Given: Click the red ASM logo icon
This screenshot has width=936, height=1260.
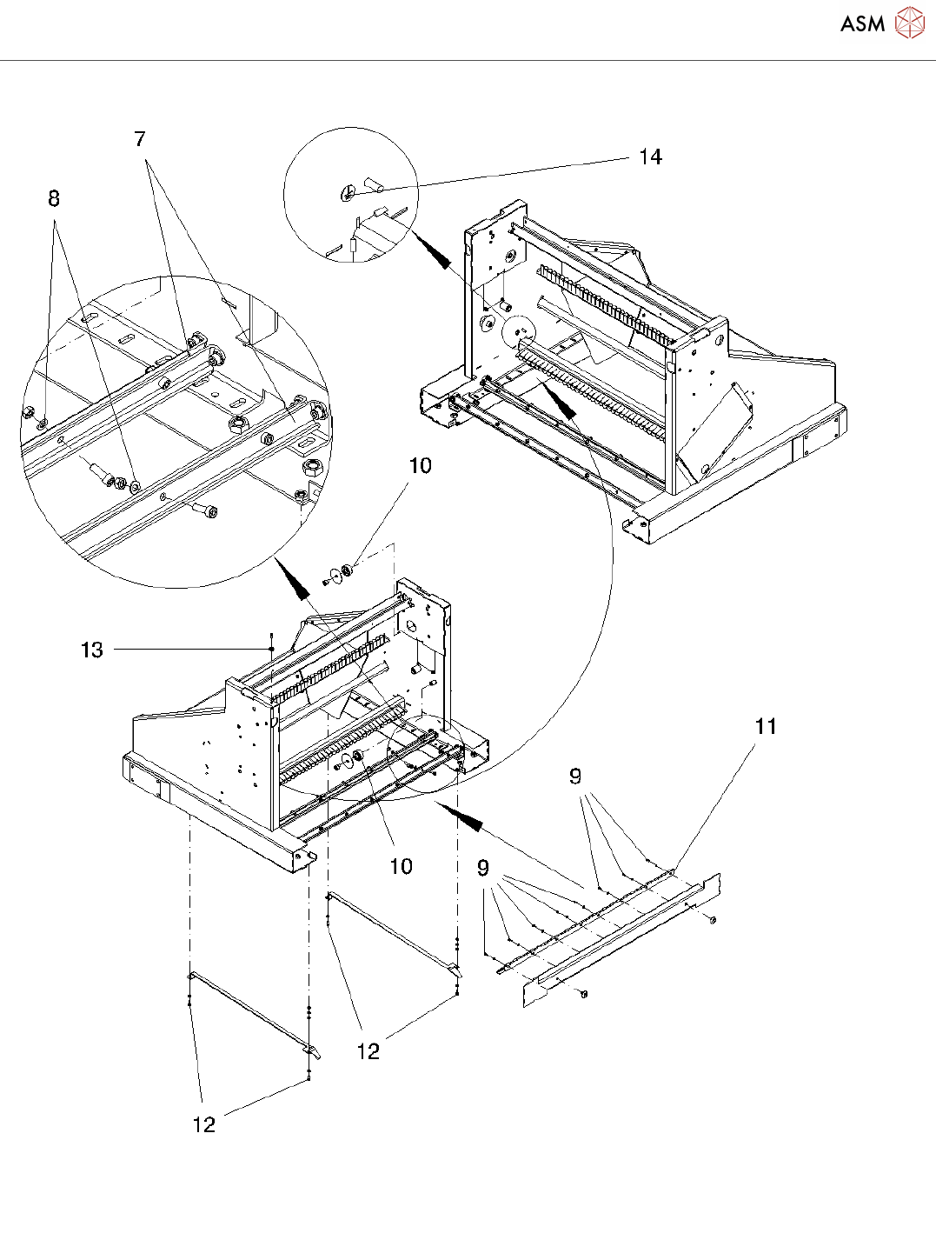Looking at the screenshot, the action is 909,23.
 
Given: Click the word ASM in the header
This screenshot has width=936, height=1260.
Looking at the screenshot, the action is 862,23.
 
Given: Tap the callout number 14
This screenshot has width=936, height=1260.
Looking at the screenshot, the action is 650,157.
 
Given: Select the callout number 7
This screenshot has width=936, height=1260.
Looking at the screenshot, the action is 140,138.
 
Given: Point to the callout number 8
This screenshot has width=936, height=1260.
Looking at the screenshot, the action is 53,198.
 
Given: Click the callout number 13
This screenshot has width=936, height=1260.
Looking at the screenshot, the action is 92,650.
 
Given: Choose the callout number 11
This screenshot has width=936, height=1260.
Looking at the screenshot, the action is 766,725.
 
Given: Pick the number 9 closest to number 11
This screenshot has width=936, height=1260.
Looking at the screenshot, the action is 575,776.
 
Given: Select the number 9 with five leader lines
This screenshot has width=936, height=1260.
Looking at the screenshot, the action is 482,868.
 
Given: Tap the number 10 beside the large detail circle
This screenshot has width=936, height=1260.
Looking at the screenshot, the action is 421,465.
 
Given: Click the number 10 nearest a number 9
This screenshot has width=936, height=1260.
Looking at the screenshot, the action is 401,866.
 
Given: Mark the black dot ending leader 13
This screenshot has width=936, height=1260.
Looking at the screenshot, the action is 272,649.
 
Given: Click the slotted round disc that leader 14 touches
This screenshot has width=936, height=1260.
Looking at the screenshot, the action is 347,193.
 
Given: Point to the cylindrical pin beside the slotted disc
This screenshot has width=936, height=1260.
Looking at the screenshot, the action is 375,183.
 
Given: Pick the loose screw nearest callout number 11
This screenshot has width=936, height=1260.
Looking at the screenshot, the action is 714,920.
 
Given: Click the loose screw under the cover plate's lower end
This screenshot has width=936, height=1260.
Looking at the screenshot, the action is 583,994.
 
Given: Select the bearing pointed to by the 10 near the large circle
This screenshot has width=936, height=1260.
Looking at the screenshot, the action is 349,570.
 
